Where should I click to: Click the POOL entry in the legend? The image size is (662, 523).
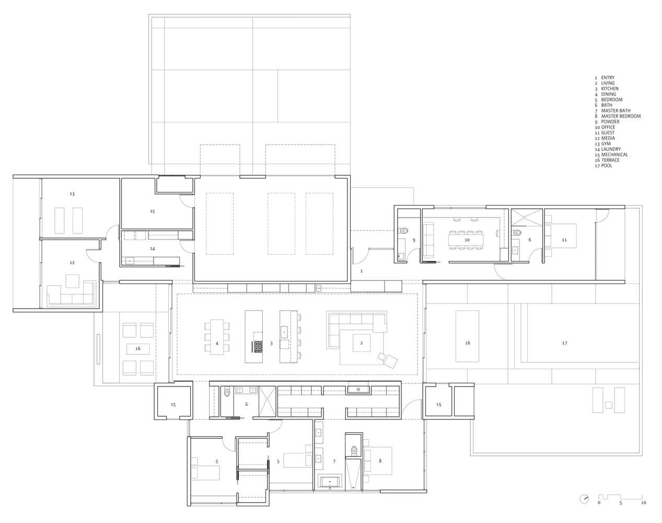coord(606,166)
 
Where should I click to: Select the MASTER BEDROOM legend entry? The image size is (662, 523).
coord(620,116)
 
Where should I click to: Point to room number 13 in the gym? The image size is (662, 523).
coord(72,194)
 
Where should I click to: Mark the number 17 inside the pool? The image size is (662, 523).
coord(564,344)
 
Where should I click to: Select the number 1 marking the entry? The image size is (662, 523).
coord(361,271)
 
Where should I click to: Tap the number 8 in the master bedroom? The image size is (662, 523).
coord(380,461)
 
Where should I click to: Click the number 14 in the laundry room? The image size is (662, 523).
coord(152,249)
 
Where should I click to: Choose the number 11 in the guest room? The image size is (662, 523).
coord(564,240)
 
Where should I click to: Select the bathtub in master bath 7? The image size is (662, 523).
coord(330,482)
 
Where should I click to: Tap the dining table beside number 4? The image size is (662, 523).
coord(217,337)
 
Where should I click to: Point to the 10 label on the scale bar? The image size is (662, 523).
coord(643,503)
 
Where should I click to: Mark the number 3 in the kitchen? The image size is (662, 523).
coord(271,344)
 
